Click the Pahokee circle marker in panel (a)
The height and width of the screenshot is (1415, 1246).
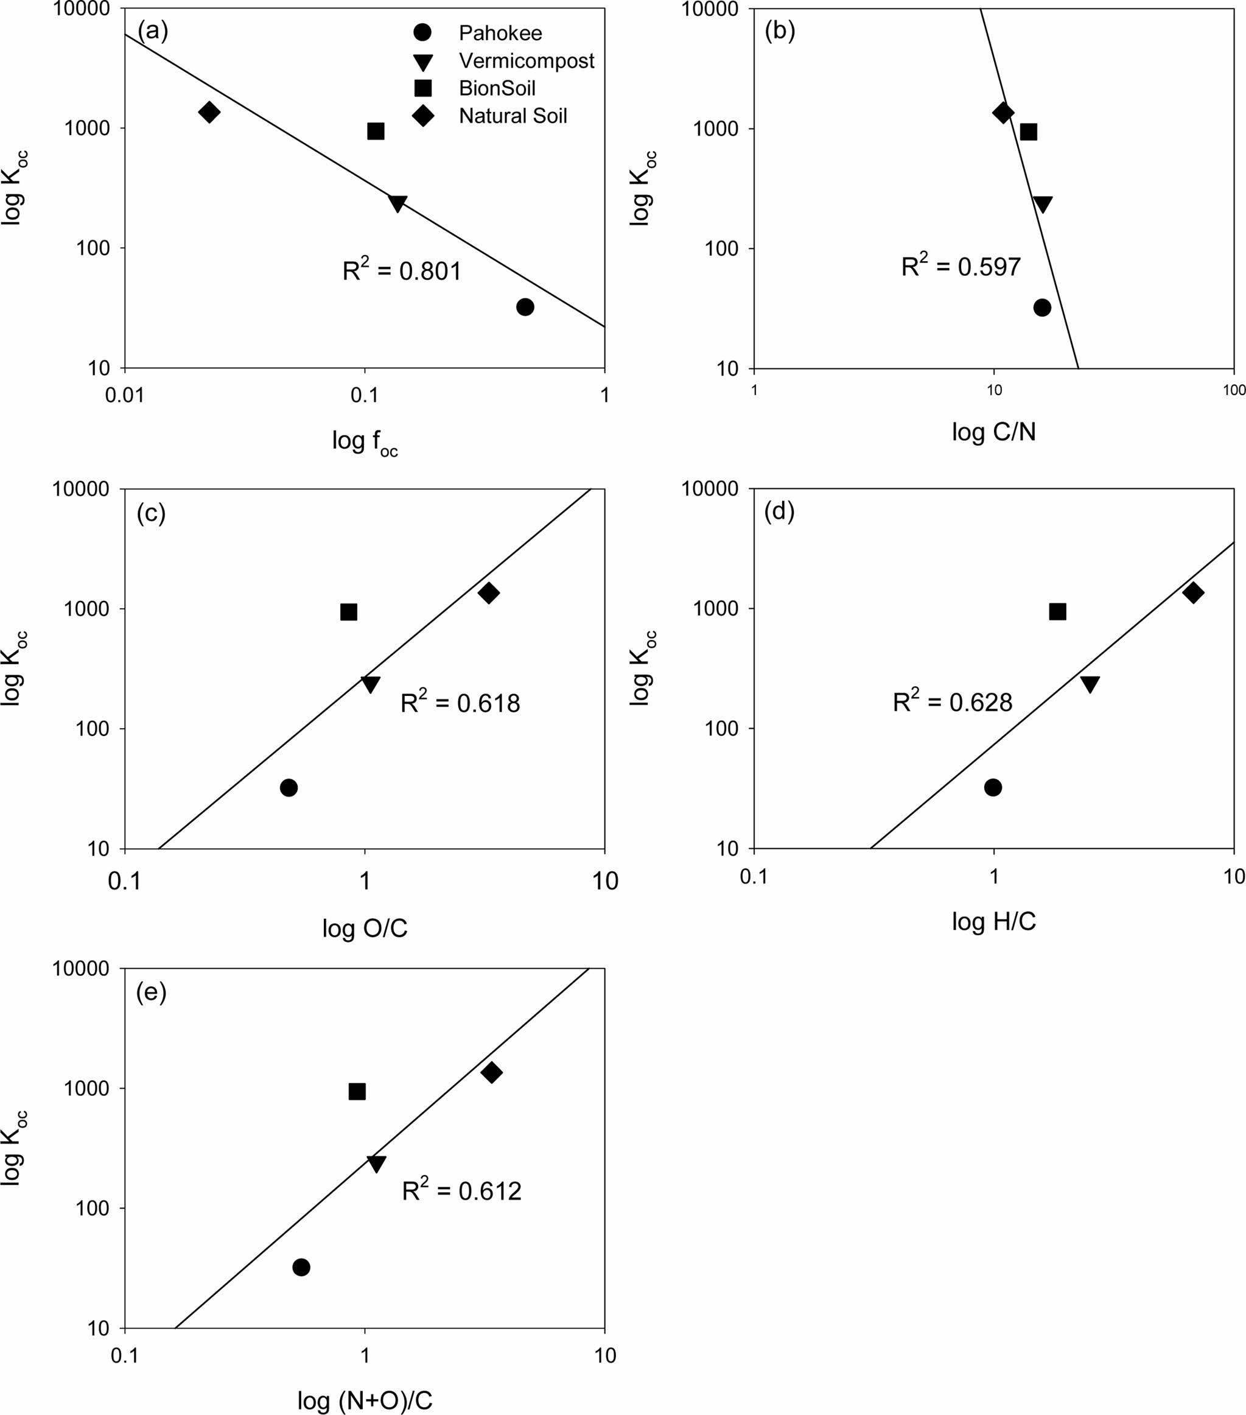coord(525,307)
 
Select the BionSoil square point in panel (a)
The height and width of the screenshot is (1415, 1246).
coord(375,131)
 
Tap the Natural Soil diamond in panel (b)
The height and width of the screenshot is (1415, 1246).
coord(1003,113)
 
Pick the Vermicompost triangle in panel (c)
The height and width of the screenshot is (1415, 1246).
coord(370,683)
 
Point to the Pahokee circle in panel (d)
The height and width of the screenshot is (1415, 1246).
coord(993,787)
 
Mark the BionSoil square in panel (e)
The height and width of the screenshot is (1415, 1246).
coord(357,1092)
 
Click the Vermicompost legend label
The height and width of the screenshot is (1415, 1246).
coord(526,61)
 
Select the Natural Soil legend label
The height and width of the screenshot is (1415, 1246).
coord(513,116)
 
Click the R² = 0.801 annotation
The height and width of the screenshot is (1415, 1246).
coord(402,270)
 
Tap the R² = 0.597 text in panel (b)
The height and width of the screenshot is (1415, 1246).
coord(960,266)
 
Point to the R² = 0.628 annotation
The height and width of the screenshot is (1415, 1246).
coord(952,702)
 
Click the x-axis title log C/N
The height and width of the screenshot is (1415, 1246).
coord(993,432)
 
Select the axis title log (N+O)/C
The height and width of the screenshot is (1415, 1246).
coord(365,1400)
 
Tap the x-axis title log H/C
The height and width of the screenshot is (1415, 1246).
coord(993,921)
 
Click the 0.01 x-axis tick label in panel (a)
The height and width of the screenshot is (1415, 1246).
coord(125,395)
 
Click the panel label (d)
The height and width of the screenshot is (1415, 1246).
coord(779,511)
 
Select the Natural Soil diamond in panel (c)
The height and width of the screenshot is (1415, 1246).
coord(489,592)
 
